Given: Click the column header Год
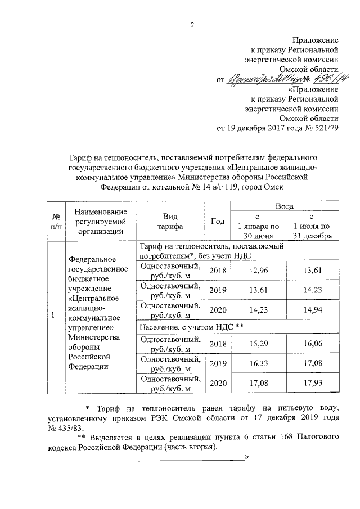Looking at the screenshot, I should click(217, 222).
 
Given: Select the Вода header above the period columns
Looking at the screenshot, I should click(284, 206).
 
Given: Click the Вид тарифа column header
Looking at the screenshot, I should click(170, 222).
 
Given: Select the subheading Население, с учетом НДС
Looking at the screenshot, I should click(191, 326).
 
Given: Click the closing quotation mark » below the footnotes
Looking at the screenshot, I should click(246, 459).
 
